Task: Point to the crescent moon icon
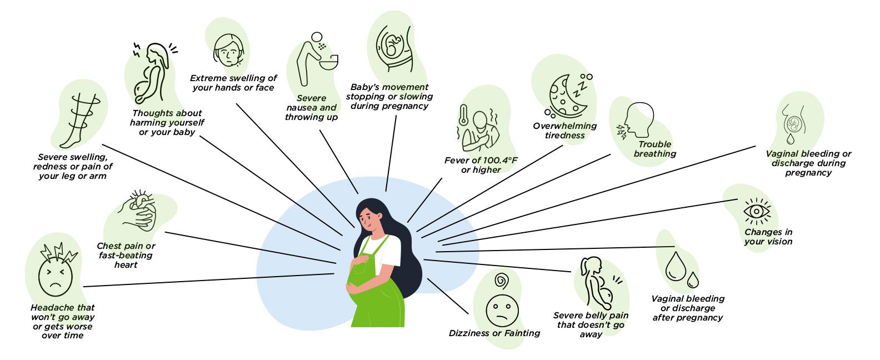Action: coord(566,97)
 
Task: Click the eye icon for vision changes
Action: coord(757,212)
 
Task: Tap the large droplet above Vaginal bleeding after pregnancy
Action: coord(676,266)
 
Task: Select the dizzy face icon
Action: coord(502,311)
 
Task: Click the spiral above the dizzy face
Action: coord(502,281)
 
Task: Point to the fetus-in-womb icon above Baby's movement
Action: coord(394,47)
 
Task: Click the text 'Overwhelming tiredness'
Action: coord(565,131)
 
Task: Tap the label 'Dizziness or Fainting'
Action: coord(494,333)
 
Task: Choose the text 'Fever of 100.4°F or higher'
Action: coord(481,165)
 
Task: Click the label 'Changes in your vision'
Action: coord(768,237)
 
